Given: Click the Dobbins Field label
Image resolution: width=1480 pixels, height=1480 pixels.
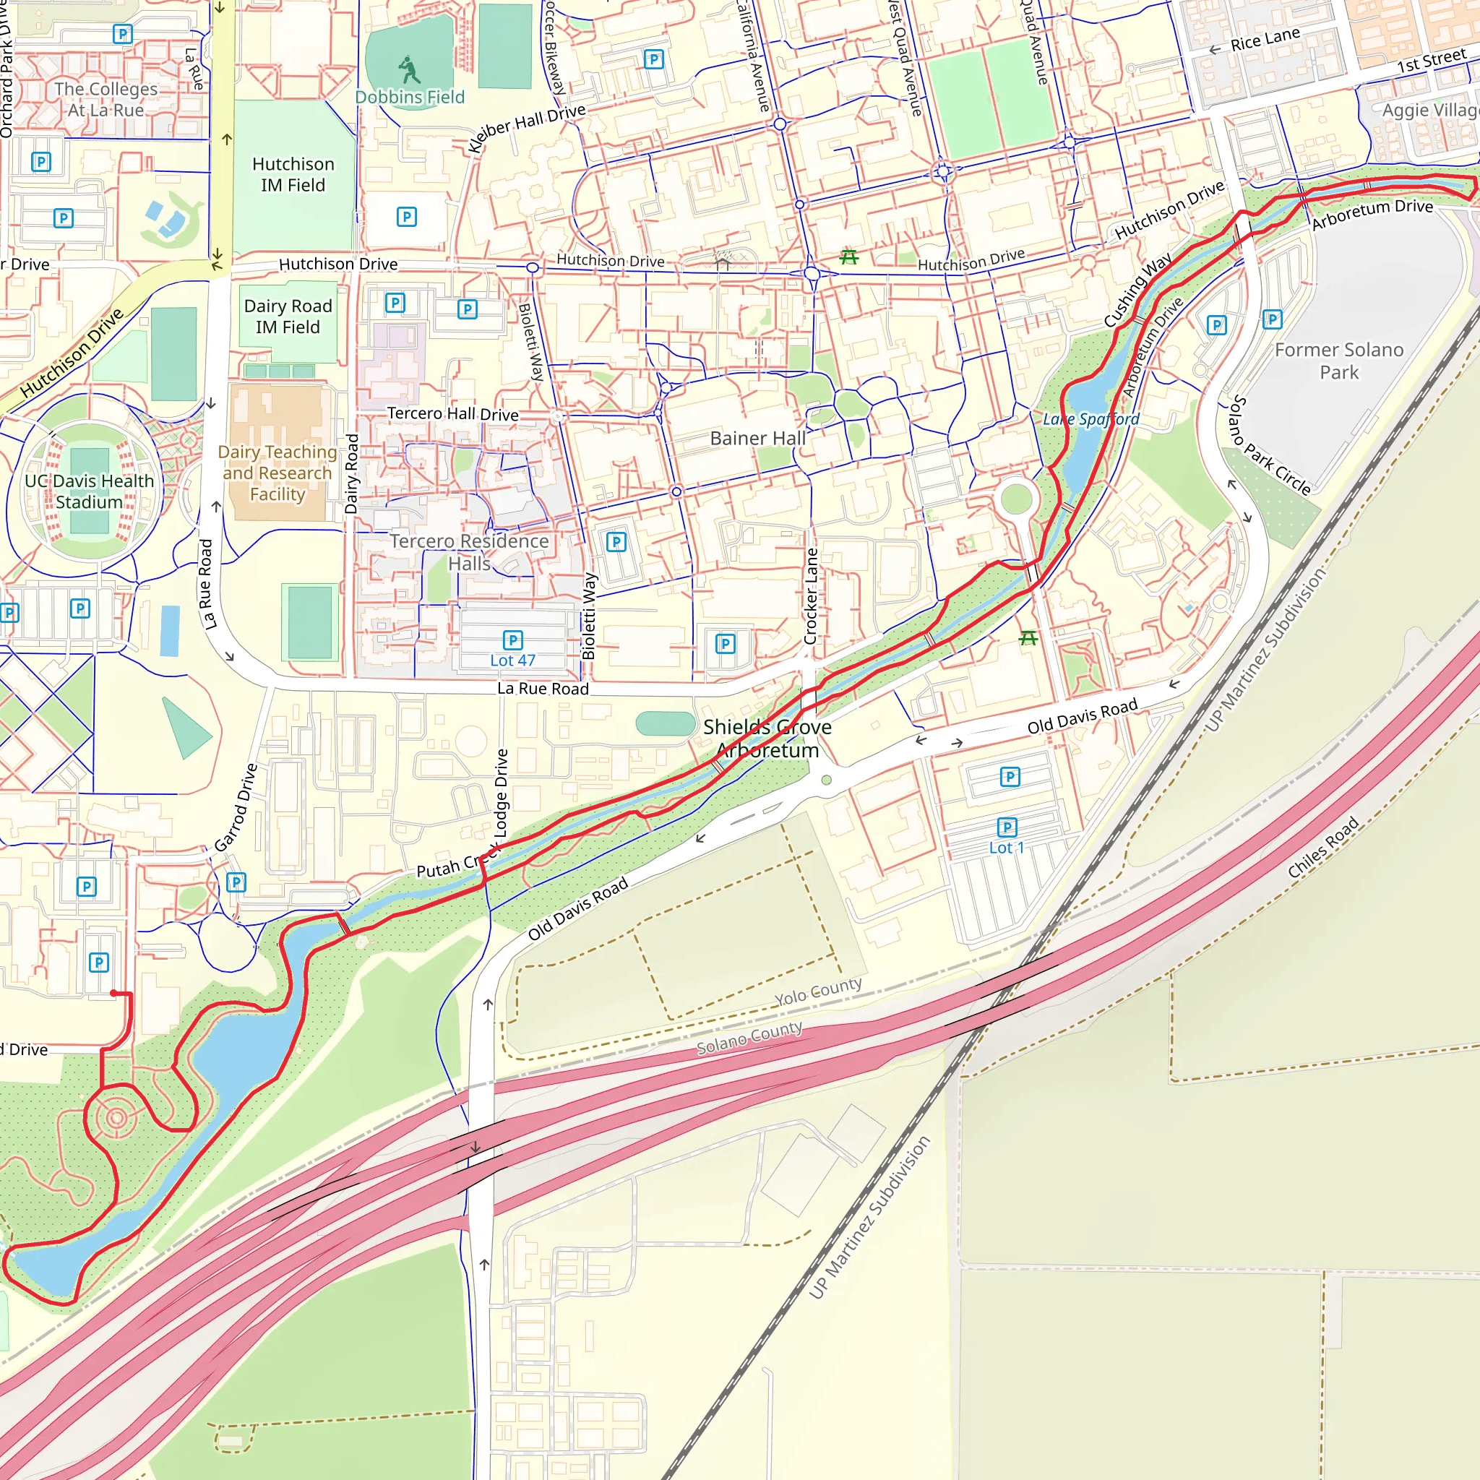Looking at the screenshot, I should [x=410, y=98].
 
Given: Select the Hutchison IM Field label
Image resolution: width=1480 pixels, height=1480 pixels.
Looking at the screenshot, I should [x=293, y=175].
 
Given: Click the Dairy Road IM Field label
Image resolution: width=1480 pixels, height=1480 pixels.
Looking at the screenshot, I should [x=288, y=317].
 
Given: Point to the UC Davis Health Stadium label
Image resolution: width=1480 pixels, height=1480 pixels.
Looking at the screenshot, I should [x=90, y=491].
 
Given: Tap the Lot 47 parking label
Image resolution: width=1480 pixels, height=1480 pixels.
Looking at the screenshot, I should [x=512, y=661].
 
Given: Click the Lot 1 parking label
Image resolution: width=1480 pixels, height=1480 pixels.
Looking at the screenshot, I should [x=1006, y=847].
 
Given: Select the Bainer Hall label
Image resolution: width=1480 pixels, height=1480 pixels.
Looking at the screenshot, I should [x=757, y=438].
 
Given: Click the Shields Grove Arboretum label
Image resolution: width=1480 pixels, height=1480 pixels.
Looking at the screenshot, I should [x=767, y=739].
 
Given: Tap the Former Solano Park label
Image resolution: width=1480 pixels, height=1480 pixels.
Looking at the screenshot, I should [x=1338, y=361].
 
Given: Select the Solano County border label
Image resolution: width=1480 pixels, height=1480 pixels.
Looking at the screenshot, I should [x=749, y=1038].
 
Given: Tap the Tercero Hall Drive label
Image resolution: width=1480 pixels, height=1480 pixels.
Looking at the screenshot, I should [x=452, y=413].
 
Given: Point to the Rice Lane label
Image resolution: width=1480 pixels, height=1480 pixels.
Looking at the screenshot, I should [x=1265, y=39].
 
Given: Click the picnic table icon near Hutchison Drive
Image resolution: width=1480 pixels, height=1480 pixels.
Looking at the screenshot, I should [x=849, y=257].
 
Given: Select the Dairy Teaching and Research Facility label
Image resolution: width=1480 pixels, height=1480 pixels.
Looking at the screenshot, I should [x=277, y=473].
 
